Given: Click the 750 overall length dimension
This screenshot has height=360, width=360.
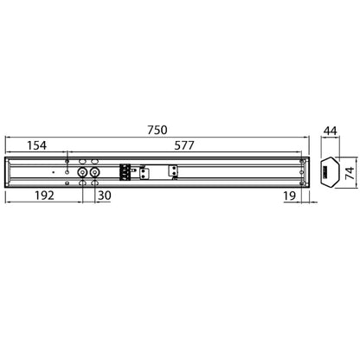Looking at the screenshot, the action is pyautogui.click(x=157, y=130).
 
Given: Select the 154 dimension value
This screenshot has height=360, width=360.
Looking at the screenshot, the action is pyautogui.click(x=36, y=145).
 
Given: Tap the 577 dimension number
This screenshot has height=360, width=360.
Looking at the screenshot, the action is pyautogui.click(x=184, y=145).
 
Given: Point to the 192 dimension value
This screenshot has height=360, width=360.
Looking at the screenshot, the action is pyautogui.click(x=44, y=196).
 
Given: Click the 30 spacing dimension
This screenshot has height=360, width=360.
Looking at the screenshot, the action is pyautogui.click(x=105, y=196).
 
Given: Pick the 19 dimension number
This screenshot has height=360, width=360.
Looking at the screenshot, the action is pyautogui.click(x=289, y=196).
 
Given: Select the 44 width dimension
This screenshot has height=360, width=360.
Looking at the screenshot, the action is pyautogui.click(x=330, y=131).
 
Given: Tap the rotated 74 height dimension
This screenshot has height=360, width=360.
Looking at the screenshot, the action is pyautogui.click(x=350, y=173).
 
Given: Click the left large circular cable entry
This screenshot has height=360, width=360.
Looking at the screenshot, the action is pyautogui.click(x=82, y=172).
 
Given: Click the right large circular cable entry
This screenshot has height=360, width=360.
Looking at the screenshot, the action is pyautogui.click(x=94, y=172).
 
